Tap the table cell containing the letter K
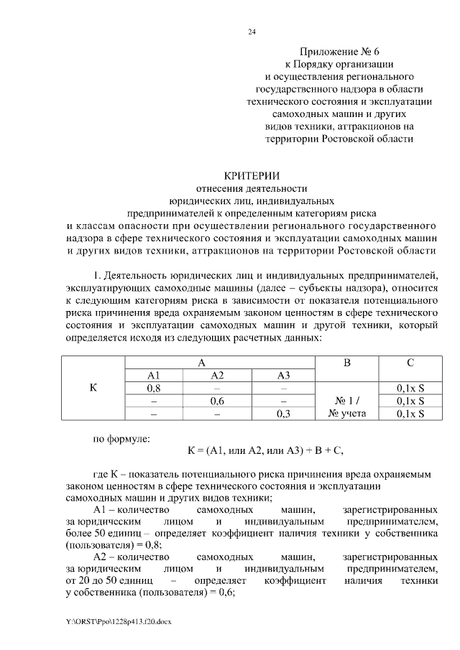tap(93, 388)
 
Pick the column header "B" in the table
tap(347, 363)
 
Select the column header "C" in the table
tap(410, 363)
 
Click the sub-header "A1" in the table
tap(153, 376)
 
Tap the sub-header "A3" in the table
tap(282, 376)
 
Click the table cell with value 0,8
tap(153, 389)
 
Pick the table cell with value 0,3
tap(282, 414)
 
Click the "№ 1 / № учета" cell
tap(347, 407)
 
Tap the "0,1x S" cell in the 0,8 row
tap(410, 389)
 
